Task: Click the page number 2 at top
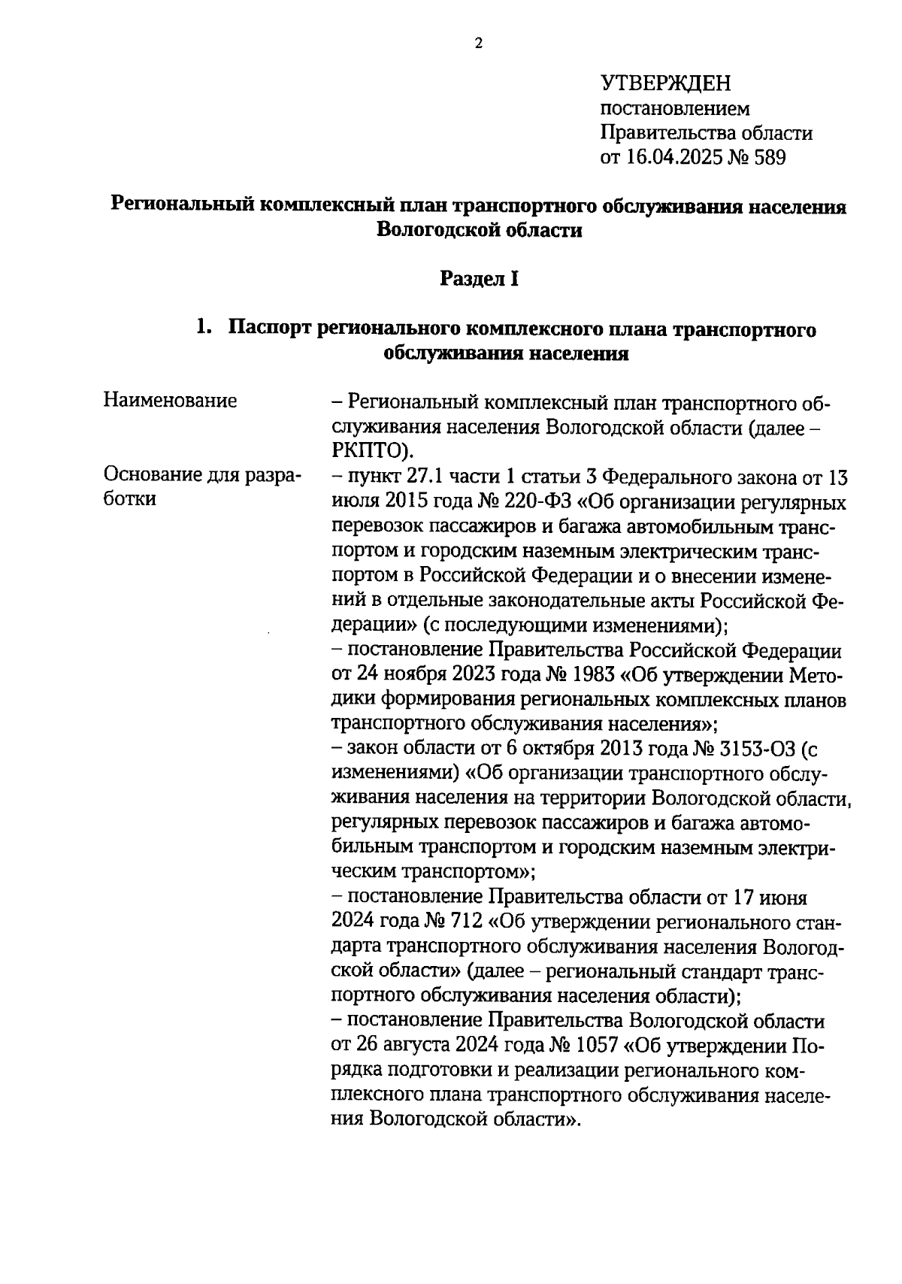[x=478, y=44]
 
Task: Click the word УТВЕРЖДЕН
[x=665, y=83]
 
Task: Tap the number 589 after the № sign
[x=766, y=158]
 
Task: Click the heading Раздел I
[x=479, y=279]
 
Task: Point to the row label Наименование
[x=170, y=401]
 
